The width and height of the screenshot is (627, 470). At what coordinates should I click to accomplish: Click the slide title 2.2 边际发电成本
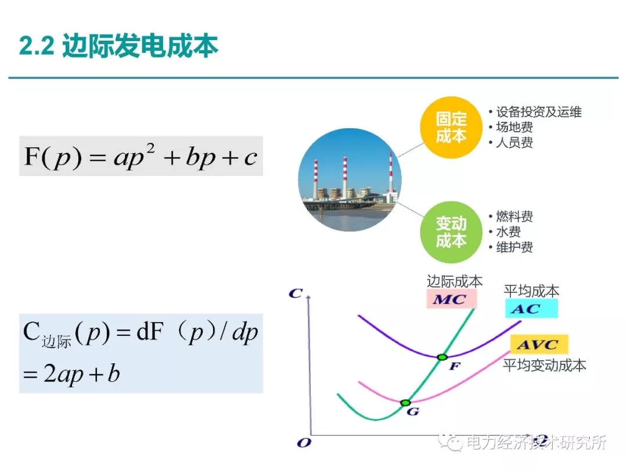pos(119,46)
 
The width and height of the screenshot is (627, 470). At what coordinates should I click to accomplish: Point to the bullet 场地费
pos(514,127)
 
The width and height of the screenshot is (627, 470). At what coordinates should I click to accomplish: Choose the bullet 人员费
pos(514,142)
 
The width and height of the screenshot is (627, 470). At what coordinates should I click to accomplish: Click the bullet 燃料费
pos(514,217)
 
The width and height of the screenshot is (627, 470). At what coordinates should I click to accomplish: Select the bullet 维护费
pos(514,247)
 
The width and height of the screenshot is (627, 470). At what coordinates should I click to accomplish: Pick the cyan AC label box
pos(531,309)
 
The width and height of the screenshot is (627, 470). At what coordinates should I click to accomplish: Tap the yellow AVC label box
pos(539,345)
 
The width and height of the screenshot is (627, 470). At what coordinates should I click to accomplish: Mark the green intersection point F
pos(442,357)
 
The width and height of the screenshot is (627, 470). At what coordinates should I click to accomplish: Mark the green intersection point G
pos(406,402)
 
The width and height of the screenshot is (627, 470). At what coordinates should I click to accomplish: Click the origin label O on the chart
pos(303,443)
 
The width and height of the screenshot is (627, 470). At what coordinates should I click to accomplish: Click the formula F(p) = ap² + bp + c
pos(140,157)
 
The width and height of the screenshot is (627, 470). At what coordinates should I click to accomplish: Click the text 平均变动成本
pos(544,365)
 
